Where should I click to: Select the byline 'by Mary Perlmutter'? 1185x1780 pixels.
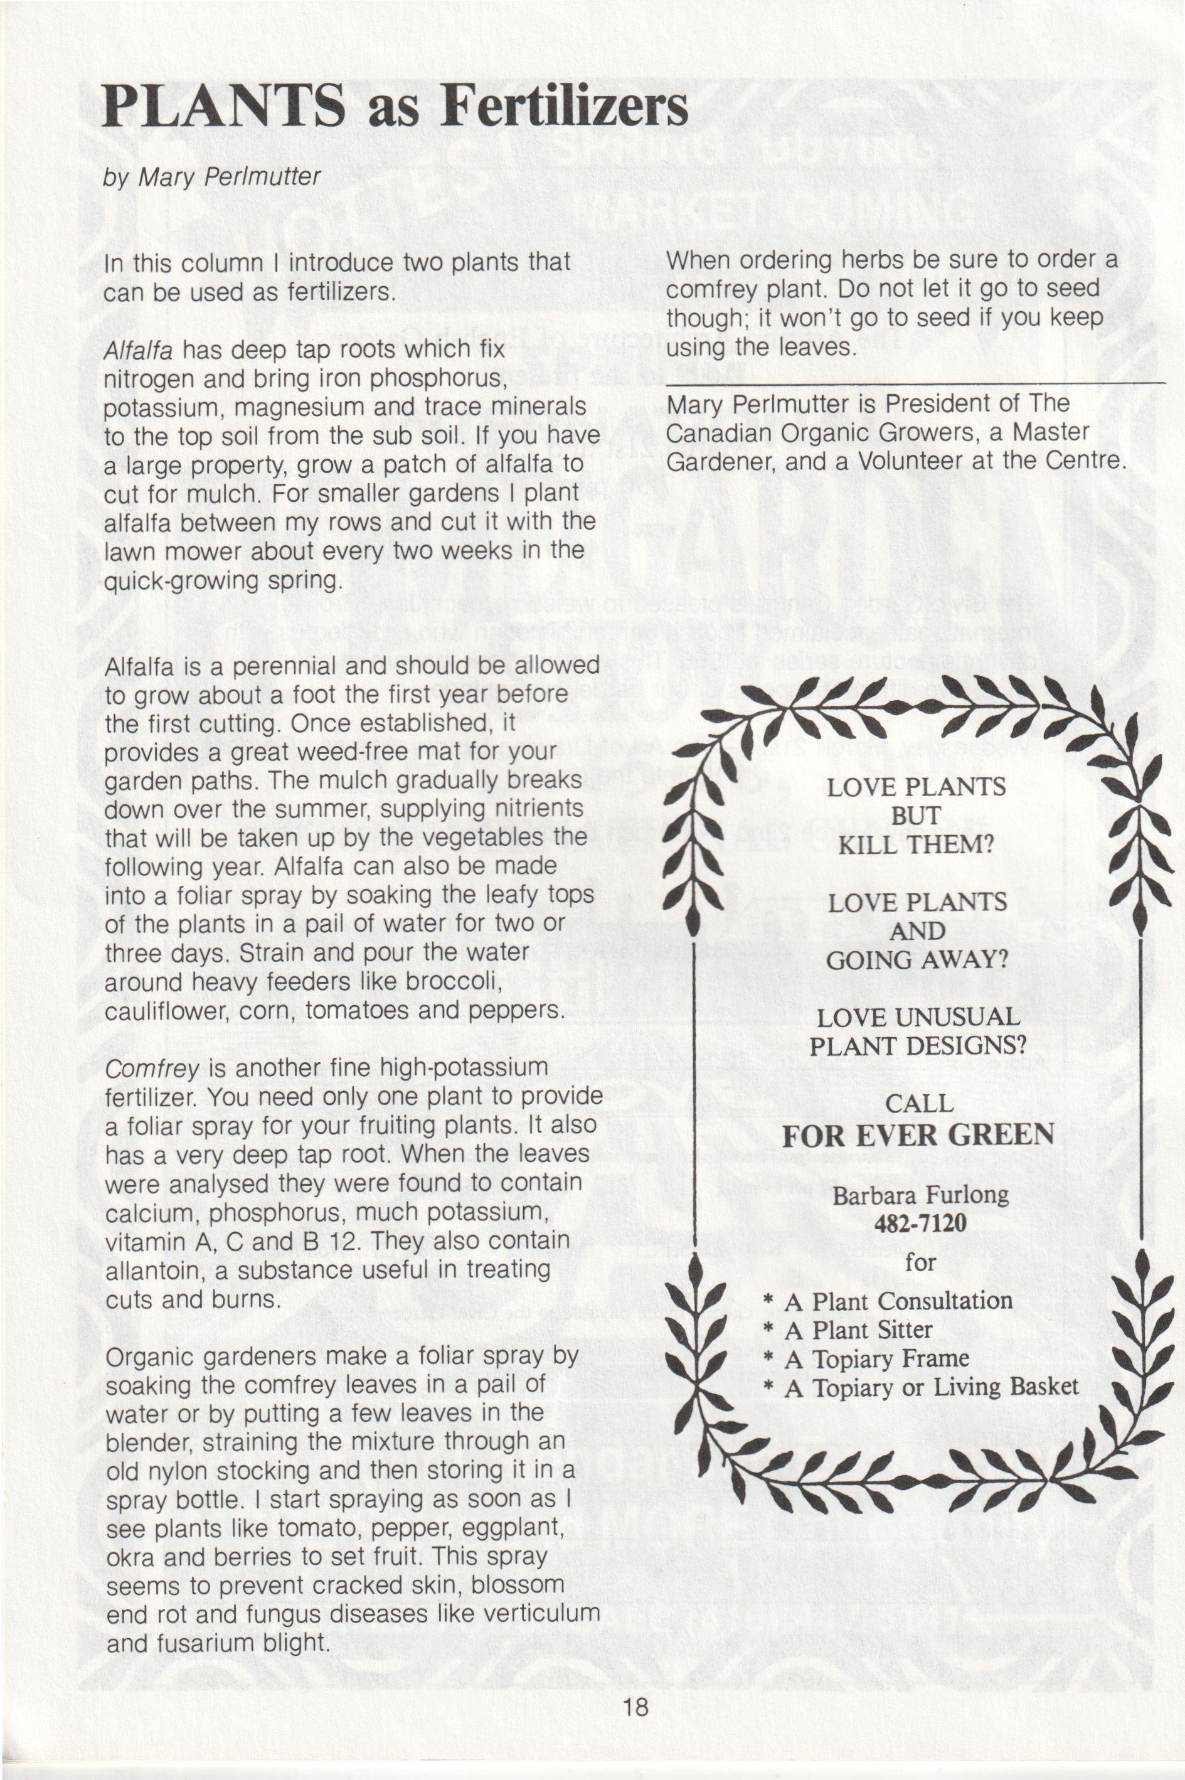click(x=213, y=177)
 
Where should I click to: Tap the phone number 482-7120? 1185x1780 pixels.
click(x=920, y=1223)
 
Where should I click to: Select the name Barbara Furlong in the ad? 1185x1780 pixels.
click(x=920, y=1194)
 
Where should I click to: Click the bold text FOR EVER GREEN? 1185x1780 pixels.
click(x=918, y=1134)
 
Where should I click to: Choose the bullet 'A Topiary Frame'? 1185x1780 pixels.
click(x=876, y=1358)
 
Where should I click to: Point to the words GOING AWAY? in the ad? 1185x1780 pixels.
click(x=917, y=960)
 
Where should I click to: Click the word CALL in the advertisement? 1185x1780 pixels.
click(x=919, y=1104)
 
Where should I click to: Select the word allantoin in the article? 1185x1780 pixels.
click(x=152, y=1271)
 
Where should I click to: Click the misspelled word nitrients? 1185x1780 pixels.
click(x=533, y=809)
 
